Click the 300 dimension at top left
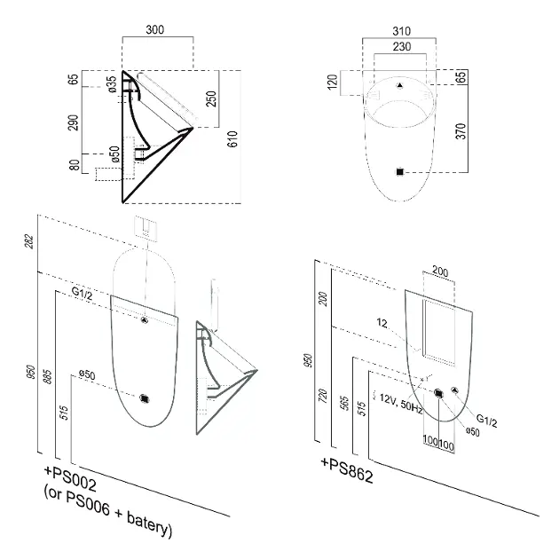pyautogui.click(x=155, y=29)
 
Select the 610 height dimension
pyautogui.click(x=232, y=138)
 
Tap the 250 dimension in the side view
pyautogui.click(x=211, y=98)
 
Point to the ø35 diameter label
pyautogui.click(x=113, y=84)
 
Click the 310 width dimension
pyautogui.click(x=401, y=31)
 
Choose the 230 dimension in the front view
pyautogui.click(x=402, y=47)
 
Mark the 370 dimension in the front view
pyautogui.click(x=461, y=131)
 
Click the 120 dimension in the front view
pyautogui.click(x=332, y=82)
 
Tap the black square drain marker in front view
pyautogui.click(x=400, y=172)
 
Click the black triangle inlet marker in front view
pyautogui.click(x=400, y=85)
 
